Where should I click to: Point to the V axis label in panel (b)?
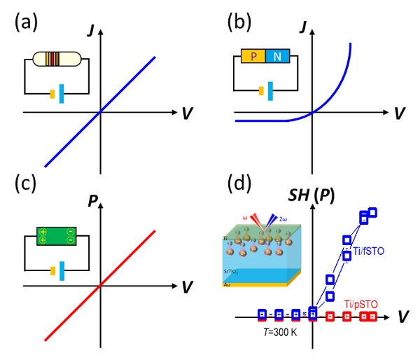[x=398, y=113]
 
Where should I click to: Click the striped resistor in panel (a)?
[x=52, y=59]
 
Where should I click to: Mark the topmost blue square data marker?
[x=372, y=212]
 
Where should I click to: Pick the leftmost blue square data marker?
[x=262, y=314]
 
